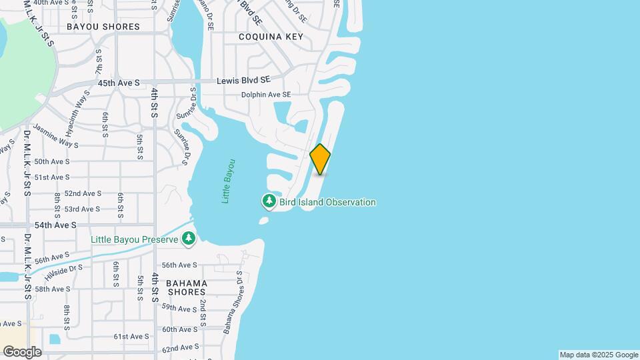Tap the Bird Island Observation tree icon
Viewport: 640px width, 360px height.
(x=269, y=201)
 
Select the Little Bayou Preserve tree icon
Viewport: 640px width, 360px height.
(x=189, y=239)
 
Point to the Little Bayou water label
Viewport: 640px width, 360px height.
(x=229, y=181)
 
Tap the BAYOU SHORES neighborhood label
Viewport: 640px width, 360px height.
(x=103, y=27)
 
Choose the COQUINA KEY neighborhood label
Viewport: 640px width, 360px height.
(x=271, y=37)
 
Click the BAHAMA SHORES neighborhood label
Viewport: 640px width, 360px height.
(x=187, y=288)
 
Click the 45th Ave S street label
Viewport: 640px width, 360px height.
(x=119, y=83)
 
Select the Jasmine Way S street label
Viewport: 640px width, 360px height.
(x=55, y=135)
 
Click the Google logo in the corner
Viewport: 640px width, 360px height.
(x=22, y=351)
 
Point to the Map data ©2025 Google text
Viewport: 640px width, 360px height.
(x=598, y=355)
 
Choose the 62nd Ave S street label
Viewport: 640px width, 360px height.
(x=181, y=347)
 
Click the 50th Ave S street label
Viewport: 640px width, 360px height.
(x=52, y=161)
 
